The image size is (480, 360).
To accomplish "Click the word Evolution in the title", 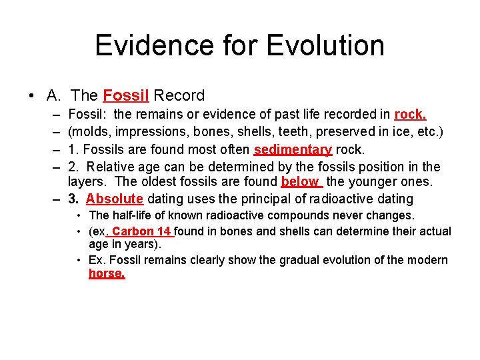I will [x=325, y=45].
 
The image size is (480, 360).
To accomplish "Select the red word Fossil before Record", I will [x=127, y=96].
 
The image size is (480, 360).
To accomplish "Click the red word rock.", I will [x=410, y=115].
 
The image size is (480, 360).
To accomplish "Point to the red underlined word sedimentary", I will [x=293, y=149].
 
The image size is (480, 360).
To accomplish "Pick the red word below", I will [x=300, y=181].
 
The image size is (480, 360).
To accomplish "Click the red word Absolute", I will [x=115, y=199].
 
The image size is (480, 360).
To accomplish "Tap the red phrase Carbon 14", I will [x=142, y=231].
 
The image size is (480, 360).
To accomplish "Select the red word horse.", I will [x=107, y=273].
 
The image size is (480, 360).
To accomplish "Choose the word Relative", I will [x=111, y=167].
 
